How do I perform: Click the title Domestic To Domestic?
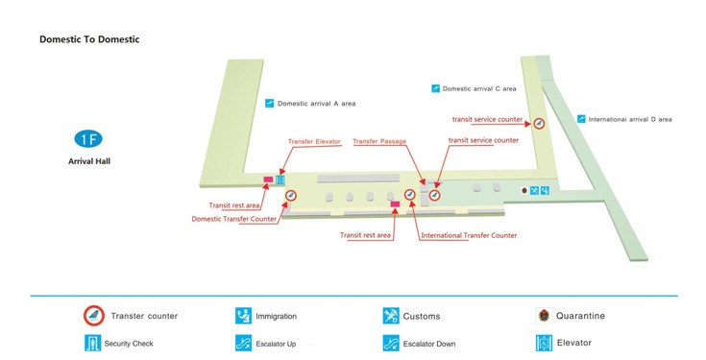(89, 39)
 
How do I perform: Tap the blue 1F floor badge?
(88, 139)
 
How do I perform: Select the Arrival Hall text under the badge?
(88, 161)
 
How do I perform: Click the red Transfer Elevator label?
(314, 142)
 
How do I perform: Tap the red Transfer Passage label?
(379, 142)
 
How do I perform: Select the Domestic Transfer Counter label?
(234, 219)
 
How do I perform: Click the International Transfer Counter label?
(469, 235)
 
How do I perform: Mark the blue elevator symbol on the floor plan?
(281, 179)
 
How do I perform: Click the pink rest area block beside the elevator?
(268, 180)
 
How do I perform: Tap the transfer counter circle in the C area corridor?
(539, 123)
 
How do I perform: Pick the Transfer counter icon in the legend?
(93, 316)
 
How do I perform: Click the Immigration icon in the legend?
(243, 316)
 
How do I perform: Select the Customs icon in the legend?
(391, 316)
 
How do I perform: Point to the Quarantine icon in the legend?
(544, 316)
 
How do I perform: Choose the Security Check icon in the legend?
(93, 343)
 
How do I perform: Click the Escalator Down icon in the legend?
(391, 343)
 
